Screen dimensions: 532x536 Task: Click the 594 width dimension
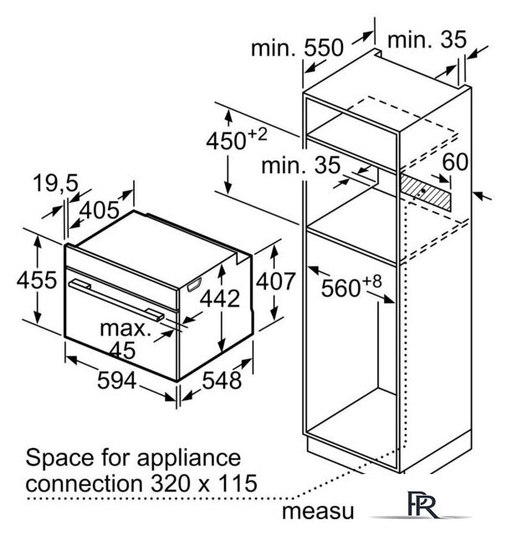click(x=117, y=380)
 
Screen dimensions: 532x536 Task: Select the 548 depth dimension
click(x=222, y=380)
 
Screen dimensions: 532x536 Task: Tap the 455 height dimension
click(x=37, y=281)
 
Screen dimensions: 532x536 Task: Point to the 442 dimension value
click(x=220, y=298)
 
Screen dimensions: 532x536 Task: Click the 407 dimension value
click(x=275, y=281)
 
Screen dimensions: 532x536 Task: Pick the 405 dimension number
click(x=100, y=210)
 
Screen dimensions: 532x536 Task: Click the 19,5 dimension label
click(x=56, y=183)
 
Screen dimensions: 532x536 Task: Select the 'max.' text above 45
click(x=125, y=329)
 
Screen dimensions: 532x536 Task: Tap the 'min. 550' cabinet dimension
click(x=297, y=48)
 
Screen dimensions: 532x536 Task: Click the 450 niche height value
click(x=226, y=141)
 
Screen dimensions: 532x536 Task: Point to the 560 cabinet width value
click(x=340, y=288)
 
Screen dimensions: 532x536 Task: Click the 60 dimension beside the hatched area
click(x=455, y=162)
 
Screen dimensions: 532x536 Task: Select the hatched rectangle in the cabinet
click(x=425, y=192)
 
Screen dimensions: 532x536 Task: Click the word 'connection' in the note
click(x=84, y=484)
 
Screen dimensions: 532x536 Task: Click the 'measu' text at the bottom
click(x=318, y=512)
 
